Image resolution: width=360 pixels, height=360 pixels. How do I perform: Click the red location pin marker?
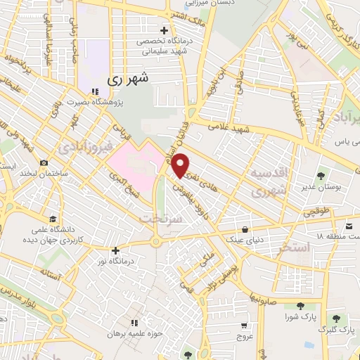(x=181, y=166)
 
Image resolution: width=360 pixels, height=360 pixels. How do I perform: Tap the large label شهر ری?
(x=129, y=79)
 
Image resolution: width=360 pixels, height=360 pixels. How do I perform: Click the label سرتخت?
(x=167, y=219)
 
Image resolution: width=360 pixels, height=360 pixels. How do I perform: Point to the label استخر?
(x=293, y=247)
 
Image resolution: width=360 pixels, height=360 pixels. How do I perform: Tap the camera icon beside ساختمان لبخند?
(x=44, y=162)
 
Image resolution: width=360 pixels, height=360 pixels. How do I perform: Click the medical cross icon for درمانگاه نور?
(x=116, y=250)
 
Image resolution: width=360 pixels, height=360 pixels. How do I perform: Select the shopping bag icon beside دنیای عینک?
(x=244, y=230)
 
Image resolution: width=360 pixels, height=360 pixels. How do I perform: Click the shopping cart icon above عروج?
(x=243, y=326)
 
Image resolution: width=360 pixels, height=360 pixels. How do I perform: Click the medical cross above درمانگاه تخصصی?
(x=165, y=30)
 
